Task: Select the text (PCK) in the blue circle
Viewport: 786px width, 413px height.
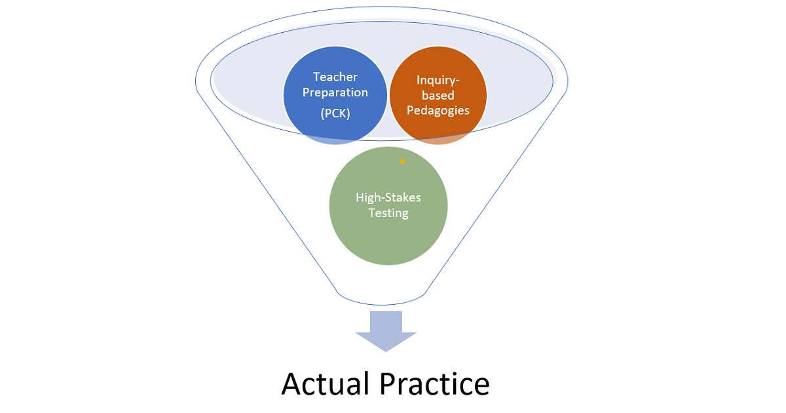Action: coord(335,113)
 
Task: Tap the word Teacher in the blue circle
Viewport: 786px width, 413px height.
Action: coord(335,77)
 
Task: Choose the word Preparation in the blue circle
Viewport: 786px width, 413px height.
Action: coord(335,92)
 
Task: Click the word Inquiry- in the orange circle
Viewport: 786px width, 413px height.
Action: coord(438,80)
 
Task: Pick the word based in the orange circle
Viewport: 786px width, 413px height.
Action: coord(438,96)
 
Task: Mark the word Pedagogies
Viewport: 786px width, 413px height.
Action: coord(438,111)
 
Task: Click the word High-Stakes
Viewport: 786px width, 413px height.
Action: coord(388,197)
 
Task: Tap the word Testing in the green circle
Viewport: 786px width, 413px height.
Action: coord(388,213)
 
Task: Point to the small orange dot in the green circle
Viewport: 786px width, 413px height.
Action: coord(403,161)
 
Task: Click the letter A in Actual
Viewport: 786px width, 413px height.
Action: coord(291,384)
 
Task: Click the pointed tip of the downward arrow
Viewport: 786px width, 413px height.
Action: coord(386,350)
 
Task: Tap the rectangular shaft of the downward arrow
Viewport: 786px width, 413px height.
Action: coord(386,321)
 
